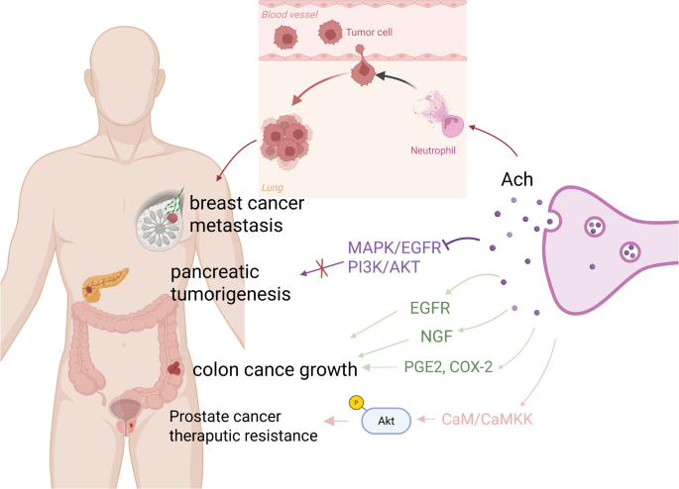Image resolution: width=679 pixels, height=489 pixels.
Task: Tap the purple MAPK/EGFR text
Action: click(396, 246)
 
